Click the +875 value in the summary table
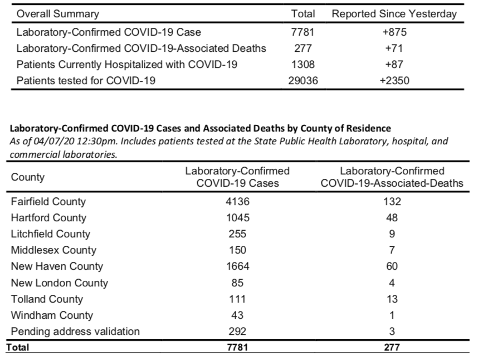tap(394, 32)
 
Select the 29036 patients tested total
tap(303, 80)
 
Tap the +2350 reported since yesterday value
tap(394, 80)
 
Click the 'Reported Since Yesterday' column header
tap(394, 14)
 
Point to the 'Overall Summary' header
tap(58, 14)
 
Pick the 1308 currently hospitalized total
tap(303, 65)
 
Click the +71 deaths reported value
tap(394, 48)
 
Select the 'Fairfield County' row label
tap(48, 202)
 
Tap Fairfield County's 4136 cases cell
tap(237, 202)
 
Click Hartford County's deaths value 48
tap(392, 217)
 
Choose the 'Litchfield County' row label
tap(51, 234)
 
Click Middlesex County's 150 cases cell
tap(237, 250)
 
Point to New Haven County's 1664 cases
tap(237, 266)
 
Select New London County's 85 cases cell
tap(237, 283)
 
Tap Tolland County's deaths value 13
tap(392, 299)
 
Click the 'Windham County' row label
tap(52, 315)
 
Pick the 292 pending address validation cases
tap(237, 332)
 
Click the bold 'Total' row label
tap(18, 347)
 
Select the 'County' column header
tap(28, 177)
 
